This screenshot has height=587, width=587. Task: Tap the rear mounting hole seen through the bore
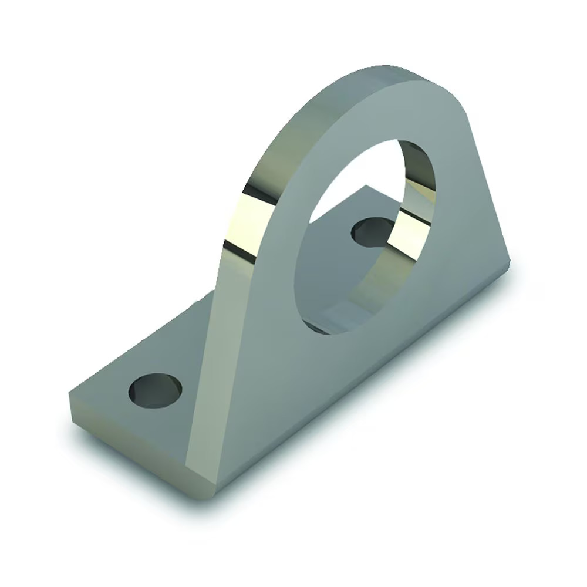(x=371, y=230)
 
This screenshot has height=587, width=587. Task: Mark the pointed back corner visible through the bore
(x=368, y=187)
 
